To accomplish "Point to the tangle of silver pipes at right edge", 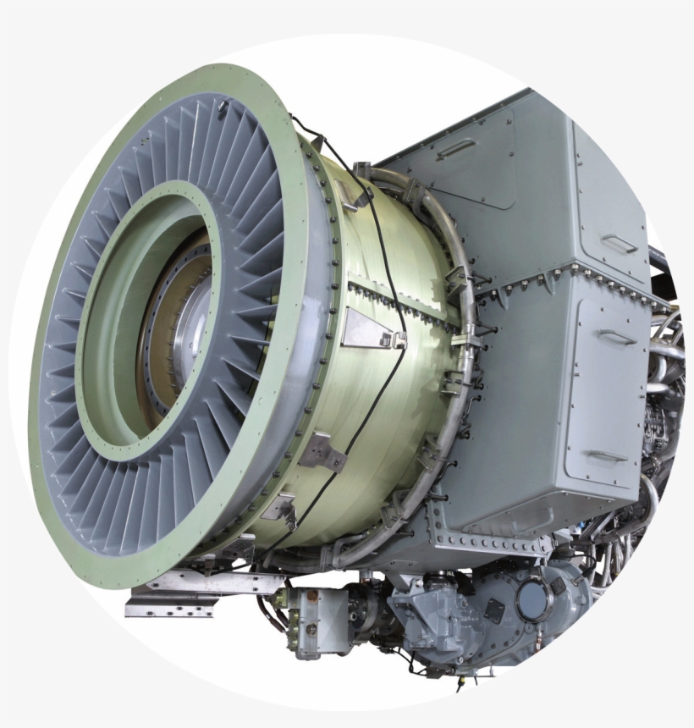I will point(664,356).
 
